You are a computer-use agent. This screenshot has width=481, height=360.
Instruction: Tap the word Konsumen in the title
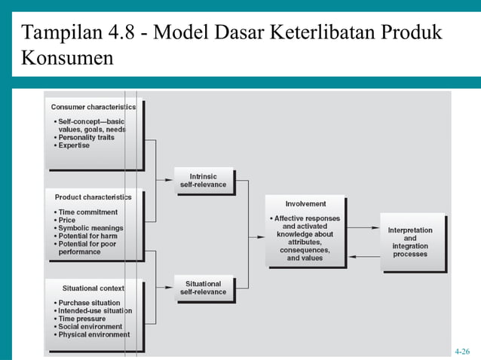click(68, 57)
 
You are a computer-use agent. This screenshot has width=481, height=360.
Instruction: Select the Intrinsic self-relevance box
click(203, 181)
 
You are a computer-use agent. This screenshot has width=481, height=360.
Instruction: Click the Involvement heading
click(305, 203)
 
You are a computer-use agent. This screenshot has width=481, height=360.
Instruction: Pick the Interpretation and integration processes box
click(410, 243)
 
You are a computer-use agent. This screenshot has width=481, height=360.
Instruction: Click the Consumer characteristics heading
click(93, 107)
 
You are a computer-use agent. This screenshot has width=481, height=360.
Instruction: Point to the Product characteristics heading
click(93, 197)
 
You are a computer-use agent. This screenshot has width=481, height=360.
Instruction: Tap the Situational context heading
click(93, 288)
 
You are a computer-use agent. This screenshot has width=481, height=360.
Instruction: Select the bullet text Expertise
click(74, 145)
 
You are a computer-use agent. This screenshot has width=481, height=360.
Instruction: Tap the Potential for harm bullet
click(90, 236)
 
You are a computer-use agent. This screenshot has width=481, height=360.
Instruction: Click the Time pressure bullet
click(82, 319)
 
